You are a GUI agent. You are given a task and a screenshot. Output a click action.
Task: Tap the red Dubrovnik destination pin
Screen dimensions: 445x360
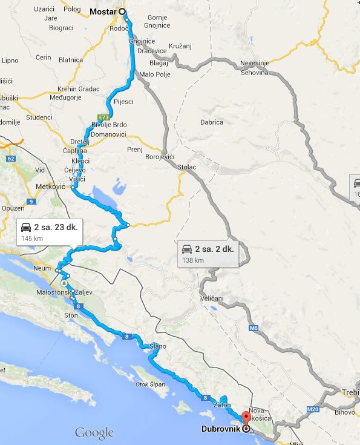(x=246, y=418)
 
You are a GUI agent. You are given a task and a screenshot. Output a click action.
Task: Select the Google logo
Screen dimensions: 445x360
(x=94, y=433)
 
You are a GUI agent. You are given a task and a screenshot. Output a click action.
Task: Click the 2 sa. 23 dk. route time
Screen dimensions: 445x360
(x=54, y=227)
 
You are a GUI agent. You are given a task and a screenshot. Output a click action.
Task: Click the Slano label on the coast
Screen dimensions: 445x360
(x=158, y=346)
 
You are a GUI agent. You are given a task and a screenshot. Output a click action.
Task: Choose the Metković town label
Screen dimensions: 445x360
(x=50, y=187)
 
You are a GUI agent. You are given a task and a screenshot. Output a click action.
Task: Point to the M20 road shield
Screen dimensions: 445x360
(x=313, y=409)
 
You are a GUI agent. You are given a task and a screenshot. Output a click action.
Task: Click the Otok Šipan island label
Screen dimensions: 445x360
(x=151, y=384)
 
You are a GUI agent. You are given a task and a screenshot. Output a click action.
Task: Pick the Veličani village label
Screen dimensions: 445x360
(x=212, y=299)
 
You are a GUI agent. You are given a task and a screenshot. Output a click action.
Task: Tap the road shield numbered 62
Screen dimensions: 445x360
(x=11, y=159)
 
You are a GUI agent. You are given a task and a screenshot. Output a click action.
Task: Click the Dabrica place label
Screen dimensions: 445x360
(x=212, y=122)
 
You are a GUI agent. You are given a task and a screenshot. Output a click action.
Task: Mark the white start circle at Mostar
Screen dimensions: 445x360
(x=123, y=12)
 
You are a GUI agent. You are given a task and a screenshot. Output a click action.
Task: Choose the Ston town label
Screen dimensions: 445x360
(x=71, y=315)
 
